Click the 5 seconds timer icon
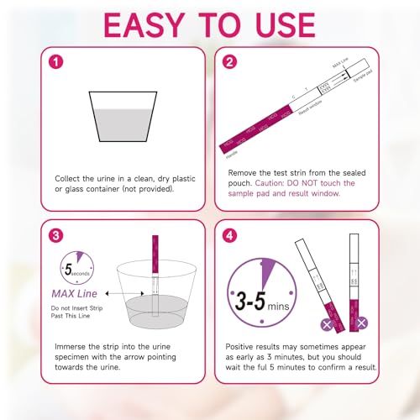[x=76, y=270]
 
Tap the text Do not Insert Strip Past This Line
[x=74, y=314]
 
